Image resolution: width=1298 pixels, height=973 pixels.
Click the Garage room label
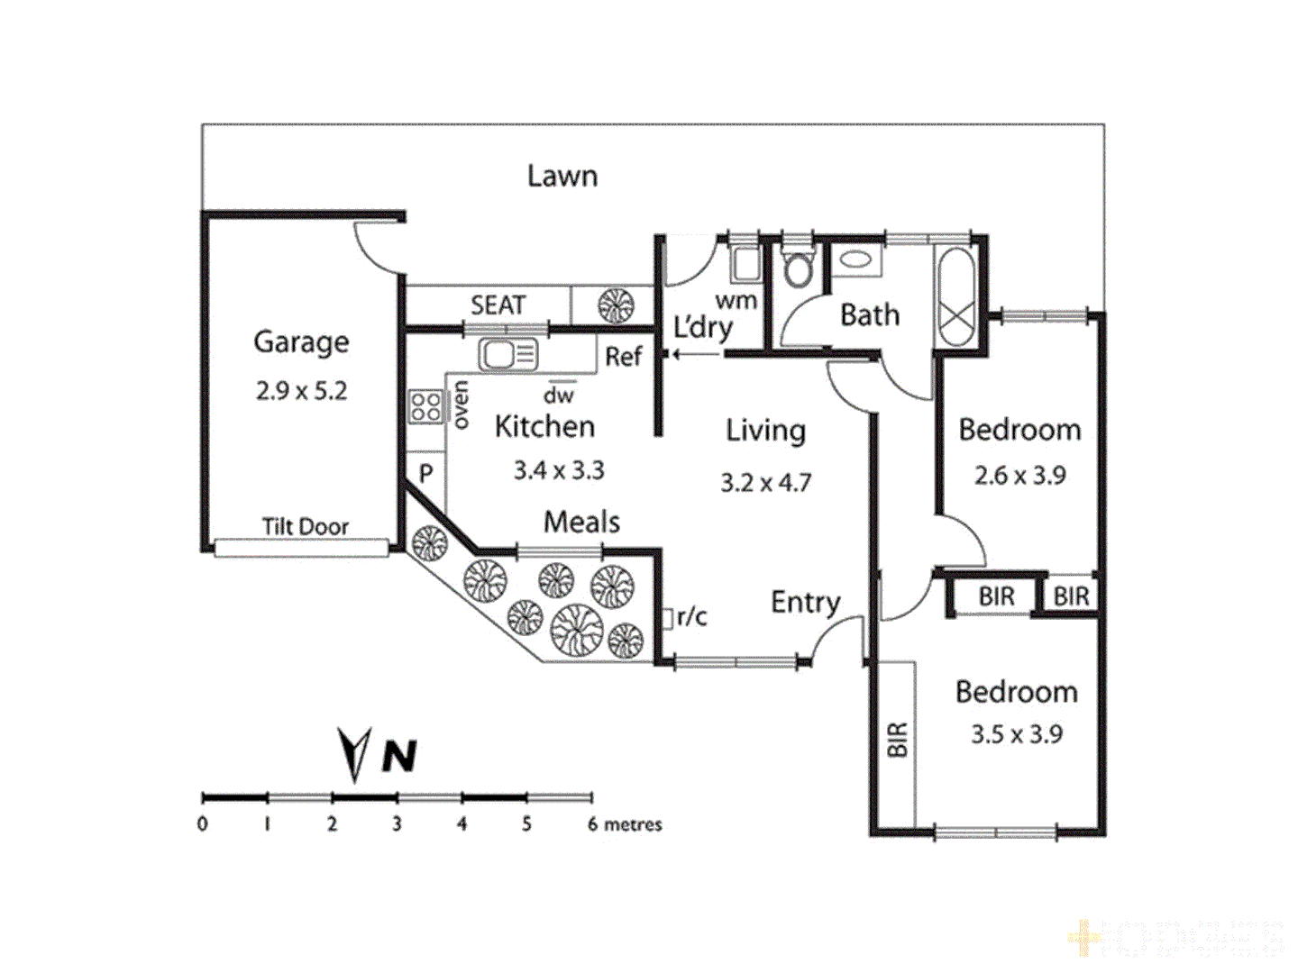(x=301, y=342)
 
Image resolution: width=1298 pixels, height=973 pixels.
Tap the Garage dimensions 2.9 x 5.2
(x=301, y=391)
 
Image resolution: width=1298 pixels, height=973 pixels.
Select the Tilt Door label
(x=305, y=526)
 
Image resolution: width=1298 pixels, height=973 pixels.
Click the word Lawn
(x=562, y=176)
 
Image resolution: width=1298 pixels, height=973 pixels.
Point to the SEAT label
(x=498, y=305)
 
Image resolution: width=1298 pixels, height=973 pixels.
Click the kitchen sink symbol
(x=507, y=354)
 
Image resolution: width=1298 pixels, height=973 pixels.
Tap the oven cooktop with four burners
(x=425, y=406)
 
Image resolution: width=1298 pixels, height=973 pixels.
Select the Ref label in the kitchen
(x=623, y=357)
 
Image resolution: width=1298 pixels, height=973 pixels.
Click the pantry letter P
(x=425, y=474)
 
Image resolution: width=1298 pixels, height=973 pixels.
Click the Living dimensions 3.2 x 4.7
(x=765, y=483)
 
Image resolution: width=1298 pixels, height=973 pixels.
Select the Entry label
(x=805, y=602)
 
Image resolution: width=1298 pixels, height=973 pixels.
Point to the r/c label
(x=691, y=617)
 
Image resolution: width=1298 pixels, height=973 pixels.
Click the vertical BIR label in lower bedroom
(x=897, y=740)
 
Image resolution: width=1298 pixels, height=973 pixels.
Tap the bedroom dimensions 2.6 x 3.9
(x=1019, y=476)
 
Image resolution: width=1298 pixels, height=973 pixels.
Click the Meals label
(x=581, y=522)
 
